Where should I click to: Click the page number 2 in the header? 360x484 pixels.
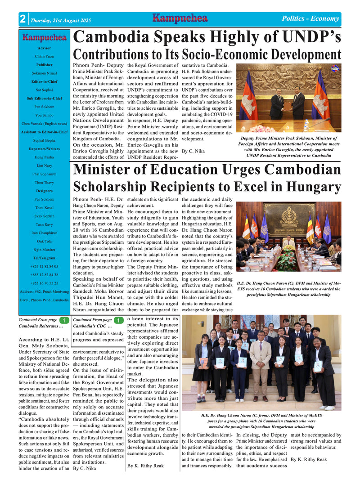coord(22,20)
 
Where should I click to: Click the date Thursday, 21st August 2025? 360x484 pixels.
coord(60,21)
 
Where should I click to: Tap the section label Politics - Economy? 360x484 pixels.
coord(310,18)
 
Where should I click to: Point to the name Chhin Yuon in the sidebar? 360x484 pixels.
coord(44,56)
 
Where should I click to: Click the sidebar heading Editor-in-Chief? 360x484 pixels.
coord(44,81)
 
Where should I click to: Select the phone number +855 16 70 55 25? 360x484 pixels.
coord(44,283)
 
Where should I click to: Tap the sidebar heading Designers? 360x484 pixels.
coord(44,191)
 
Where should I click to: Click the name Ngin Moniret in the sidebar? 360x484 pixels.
coord(44,249)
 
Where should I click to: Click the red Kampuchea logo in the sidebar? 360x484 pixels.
coord(44,38)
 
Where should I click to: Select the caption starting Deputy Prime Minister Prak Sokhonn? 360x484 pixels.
coord(288,147)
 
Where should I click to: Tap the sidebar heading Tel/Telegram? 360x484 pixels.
coord(44,258)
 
